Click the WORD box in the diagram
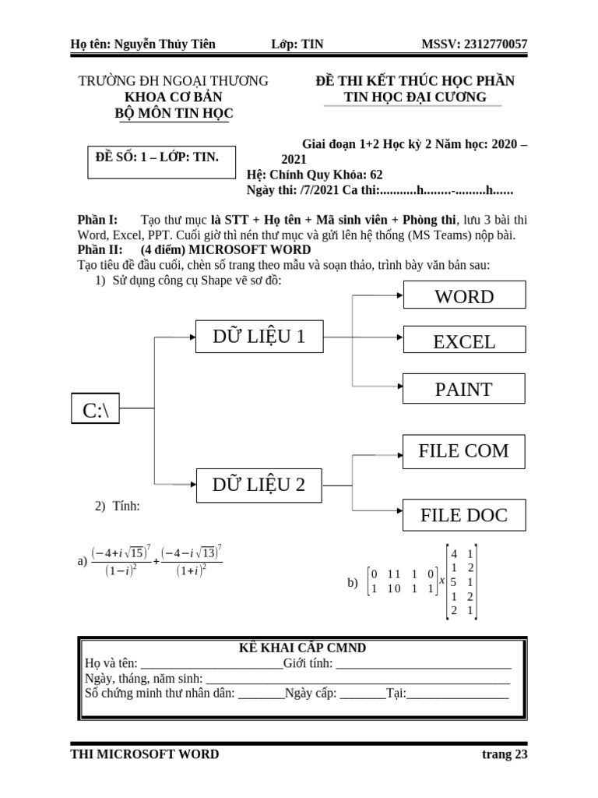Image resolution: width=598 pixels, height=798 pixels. coord(464,296)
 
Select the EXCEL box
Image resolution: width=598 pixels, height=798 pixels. coord(464,341)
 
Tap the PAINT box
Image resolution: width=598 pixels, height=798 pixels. coord(464,389)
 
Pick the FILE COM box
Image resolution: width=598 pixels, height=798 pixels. coord(464,451)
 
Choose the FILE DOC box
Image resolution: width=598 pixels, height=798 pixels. coord(464,515)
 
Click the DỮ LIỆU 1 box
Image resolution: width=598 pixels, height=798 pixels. coord(259,337)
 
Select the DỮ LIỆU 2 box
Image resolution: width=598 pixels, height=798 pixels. coord(259,485)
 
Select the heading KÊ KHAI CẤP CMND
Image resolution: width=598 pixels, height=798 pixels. coord(302,648)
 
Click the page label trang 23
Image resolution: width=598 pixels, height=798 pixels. coord(505,754)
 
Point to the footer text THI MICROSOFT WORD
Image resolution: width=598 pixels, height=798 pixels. coord(145,754)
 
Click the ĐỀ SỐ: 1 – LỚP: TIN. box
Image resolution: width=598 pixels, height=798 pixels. coord(157,157)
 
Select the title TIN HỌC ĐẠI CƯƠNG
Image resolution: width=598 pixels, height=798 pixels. coord(415,97)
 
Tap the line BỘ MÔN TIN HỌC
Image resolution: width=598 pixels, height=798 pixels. coord(174,114)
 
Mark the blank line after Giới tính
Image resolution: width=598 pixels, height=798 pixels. coord(424,664)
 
